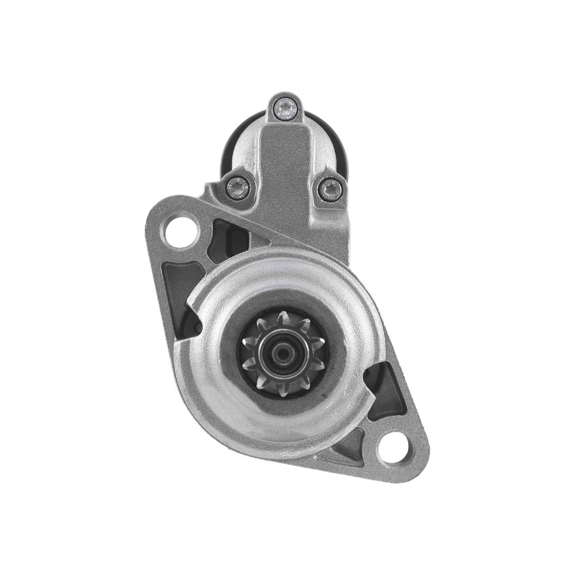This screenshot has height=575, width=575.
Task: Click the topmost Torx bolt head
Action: tap(285, 108)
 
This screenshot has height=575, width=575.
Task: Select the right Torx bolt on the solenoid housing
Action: tap(330, 188)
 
